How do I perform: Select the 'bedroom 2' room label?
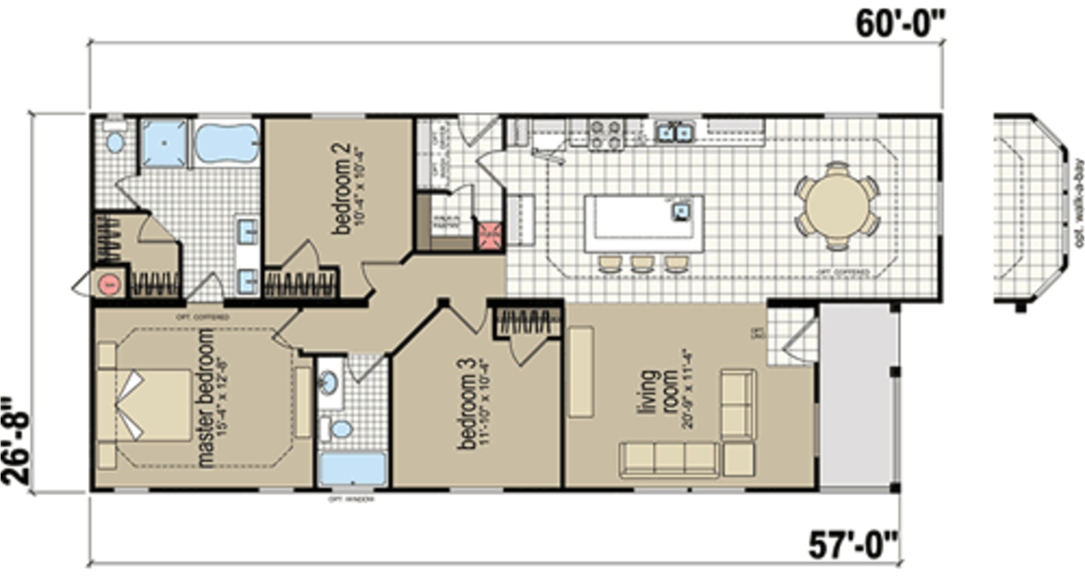(x=342, y=188)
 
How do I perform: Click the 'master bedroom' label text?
(x=206, y=398)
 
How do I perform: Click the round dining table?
(x=837, y=206)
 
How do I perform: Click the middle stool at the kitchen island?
(x=642, y=263)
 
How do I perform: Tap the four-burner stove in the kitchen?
(x=606, y=134)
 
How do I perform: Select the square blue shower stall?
(x=164, y=142)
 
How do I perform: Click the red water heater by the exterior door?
(x=111, y=284)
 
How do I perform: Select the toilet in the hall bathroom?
(x=341, y=429)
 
